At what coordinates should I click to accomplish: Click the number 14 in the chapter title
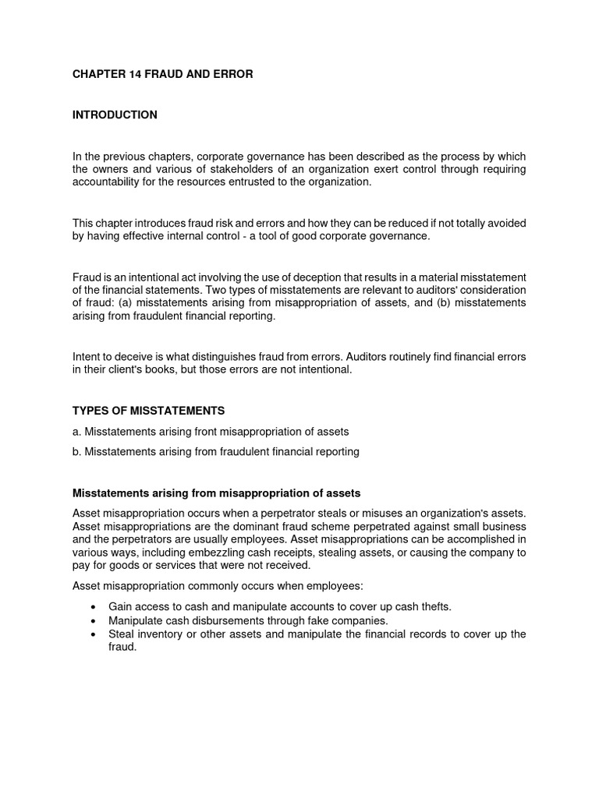(133, 74)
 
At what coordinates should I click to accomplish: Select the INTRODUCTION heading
(115, 115)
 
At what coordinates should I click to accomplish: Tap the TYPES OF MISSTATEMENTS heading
(148, 410)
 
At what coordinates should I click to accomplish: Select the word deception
(318, 277)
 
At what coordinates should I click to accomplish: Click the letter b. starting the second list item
(76, 451)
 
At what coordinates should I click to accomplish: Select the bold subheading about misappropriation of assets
(216, 493)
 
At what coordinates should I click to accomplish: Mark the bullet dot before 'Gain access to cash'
(94, 607)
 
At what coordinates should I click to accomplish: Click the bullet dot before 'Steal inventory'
(94, 634)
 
